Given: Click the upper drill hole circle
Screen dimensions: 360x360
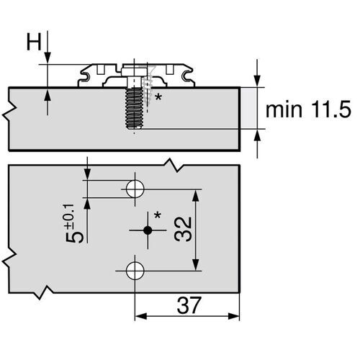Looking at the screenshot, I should click(135, 189).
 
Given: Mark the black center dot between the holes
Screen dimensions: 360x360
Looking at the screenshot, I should click(147, 230).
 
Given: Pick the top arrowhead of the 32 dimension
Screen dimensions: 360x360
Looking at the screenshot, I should click(194, 193).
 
